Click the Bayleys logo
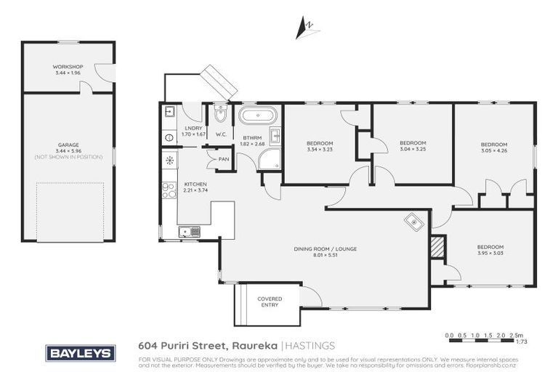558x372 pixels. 80,353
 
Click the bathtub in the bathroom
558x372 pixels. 258,116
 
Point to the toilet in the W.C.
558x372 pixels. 220,115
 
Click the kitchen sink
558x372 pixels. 189,232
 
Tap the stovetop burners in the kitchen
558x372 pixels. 168,190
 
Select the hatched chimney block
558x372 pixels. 437,247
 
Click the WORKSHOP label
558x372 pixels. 68,67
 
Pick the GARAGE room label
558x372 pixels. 68,145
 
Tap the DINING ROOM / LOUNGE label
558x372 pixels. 325,249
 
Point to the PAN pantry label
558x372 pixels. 224,158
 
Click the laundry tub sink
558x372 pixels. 169,113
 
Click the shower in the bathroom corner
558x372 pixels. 269,160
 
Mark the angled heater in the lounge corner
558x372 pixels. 413,222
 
